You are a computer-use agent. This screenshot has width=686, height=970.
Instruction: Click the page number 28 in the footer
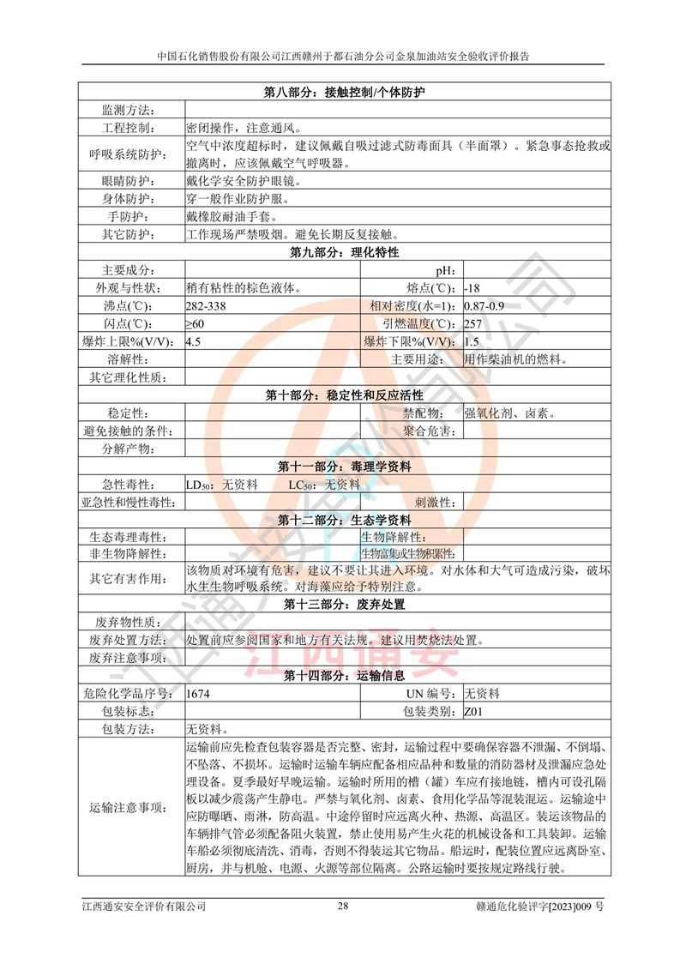pyautogui.click(x=343, y=906)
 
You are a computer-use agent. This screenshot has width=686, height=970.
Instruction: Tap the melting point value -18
pyautogui.click(x=472, y=287)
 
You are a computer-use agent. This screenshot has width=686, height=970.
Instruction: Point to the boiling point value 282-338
pyautogui.click(x=206, y=305)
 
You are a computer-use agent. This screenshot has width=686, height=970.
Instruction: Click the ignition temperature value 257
pyautogui.click(x=472, y=323)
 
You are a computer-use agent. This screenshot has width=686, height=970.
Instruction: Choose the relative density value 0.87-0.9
pyautogui.click(x=484, y=305)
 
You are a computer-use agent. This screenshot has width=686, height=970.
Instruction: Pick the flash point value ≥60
pyautogui.click(x=196, y=323)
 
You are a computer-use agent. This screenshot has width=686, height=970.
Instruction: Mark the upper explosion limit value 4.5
pyautogui.click(x=193, y=341)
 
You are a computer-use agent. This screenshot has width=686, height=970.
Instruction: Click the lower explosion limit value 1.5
pyautogui.click(x=472, y=341)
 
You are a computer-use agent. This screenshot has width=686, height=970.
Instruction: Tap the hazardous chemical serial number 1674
pyautogui.click(x=198, y=693)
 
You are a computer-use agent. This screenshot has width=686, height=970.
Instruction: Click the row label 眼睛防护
pyautogui.click(x=127, y=181)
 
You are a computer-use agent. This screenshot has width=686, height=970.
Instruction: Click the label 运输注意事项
pyautogui.click(x=128, y=807)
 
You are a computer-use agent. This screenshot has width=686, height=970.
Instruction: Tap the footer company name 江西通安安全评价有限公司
pyautogui.click(x=144, y=906)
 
